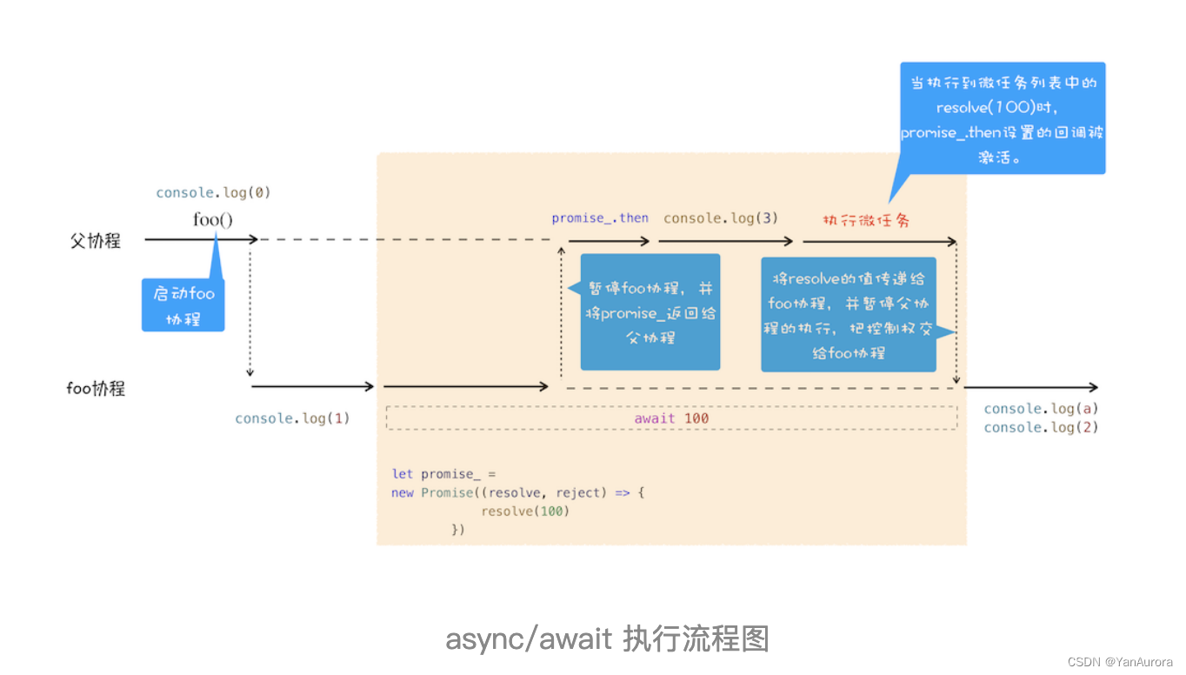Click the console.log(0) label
213,193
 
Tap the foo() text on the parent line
213,219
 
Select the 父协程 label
96,241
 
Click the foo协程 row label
96,388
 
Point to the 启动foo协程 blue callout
183,305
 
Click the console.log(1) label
292,418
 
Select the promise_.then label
600,218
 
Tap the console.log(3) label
721,218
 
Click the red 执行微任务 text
866,220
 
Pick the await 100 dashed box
671,418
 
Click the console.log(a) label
1041,409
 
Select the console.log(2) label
1041,427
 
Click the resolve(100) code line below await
525,511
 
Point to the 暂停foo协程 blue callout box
650,312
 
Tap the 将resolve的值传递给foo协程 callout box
849,315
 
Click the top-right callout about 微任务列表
1003,117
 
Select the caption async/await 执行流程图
607,639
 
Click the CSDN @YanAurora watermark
1120,662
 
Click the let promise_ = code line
443,474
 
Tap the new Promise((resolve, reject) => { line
517,493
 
